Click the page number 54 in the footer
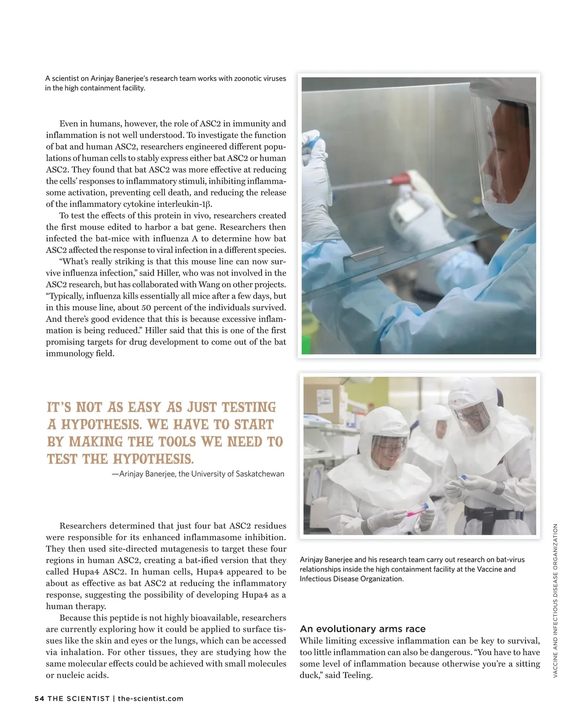[x=39, y=699]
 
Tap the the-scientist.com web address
[x=150, y=699]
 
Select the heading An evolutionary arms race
[x=362, y=629]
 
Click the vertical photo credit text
[x=555, y=600]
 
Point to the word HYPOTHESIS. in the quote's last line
[x=153, y=459]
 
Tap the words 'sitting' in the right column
[x=527, y=664]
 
